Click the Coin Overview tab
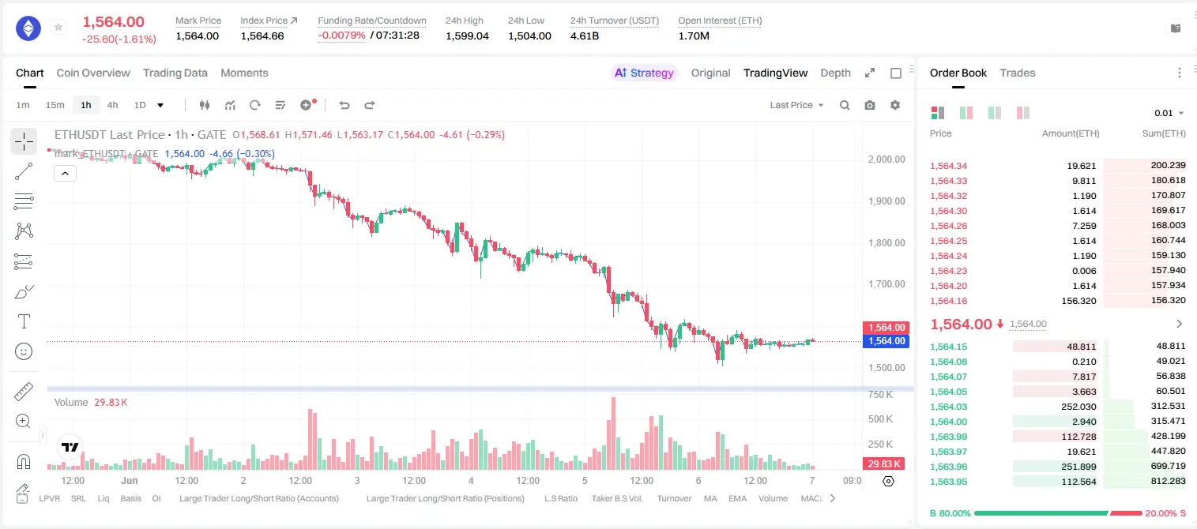click(x=93, y=73)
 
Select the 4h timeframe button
click(x=112, y=105)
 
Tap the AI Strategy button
click(x=644, y=73)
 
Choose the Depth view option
click(x=835, y=73)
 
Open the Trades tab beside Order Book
click(x=1018, y=73)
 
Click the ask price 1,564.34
click(x=949, y=166)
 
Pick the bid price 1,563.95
click(x=949, y=482)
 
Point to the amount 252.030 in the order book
click(x=1078, y=407)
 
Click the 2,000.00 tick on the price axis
click(x=886, y=159)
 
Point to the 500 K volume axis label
click(x=880, y=419)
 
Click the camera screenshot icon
click(x=870, y=105)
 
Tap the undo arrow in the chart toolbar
click(x=344, y=105)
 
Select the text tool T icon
click(x=24, y=321)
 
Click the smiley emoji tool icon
click(x=24, y=351)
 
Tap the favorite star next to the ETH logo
click(x=58, y=27)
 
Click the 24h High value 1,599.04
click(x=467, y=36)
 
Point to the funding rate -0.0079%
click(x=341, y=36)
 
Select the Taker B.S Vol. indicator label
click(x=616, y=498)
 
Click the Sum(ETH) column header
click(x=1164, y=133)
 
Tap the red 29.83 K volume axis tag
click(x=884, y=464)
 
